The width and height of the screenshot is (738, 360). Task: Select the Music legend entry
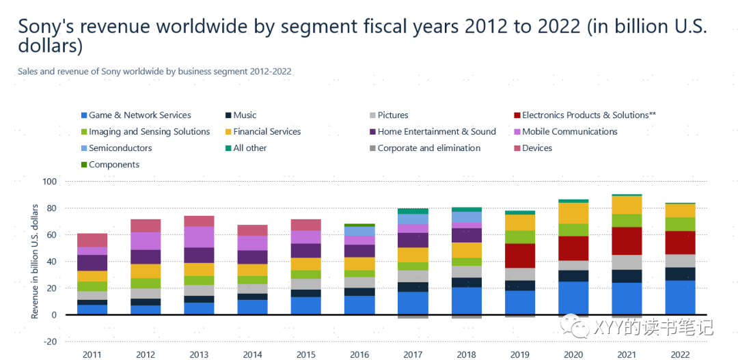point(245,115)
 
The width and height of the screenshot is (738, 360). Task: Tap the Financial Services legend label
point(266,132)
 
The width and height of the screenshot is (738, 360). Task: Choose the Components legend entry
point(113,165)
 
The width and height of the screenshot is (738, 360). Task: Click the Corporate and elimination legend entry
point(437,148)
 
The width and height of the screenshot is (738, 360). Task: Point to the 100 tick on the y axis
point(49,182)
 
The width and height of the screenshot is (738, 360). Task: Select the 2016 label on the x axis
point(359,355)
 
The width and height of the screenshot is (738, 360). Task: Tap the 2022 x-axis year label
point(680,355)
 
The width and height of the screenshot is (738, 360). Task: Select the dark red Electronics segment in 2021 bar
point(627,241)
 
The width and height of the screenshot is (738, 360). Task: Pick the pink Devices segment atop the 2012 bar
point(146,225)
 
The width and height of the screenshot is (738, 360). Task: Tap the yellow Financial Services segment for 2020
point(573,213)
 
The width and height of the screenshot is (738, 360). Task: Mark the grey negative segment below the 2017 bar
point(413,317)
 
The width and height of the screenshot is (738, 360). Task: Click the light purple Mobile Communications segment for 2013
point(199,237)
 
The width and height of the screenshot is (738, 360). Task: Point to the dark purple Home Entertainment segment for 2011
point(92,263)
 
